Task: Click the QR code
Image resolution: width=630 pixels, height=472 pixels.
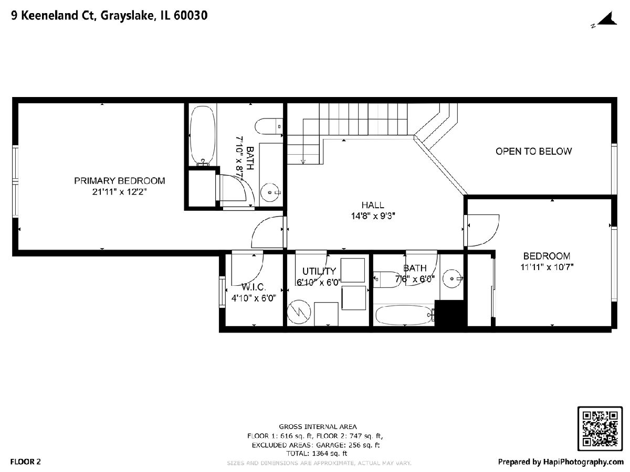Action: click(x=600, y=428)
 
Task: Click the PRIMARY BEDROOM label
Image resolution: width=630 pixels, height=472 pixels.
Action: click(x=119, y=180)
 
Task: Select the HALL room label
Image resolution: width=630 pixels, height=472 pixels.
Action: click(x=373, y=205)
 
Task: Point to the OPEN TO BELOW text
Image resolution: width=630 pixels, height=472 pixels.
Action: click(x=533, y=152)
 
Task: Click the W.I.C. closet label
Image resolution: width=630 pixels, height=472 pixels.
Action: click(x=254, y=286)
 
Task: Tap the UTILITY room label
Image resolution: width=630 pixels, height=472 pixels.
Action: click(x=319, y=271)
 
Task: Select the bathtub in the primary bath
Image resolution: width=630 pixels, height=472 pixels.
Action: click(x=203, y=136)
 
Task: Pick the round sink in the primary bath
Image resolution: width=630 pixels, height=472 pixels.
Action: click(x=270, y=192)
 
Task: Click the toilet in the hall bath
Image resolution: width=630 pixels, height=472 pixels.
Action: click(x=386, y=280)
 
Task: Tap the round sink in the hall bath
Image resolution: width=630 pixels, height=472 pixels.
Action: click(x=452, y=278)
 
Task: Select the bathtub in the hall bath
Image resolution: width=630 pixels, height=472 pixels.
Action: click(x=405, y=315)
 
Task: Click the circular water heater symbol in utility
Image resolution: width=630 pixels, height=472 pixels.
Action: click(x=299, y=312)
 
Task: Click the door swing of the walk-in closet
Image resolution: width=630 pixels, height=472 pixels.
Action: click(x=247, y=268)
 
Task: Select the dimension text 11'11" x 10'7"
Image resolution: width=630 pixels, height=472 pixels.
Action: click(x=547, y=267)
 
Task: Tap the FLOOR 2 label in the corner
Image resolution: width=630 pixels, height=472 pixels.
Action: click(x=26, y=462)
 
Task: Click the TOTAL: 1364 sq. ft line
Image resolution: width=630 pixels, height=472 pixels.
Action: click(x=317, y=453)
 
